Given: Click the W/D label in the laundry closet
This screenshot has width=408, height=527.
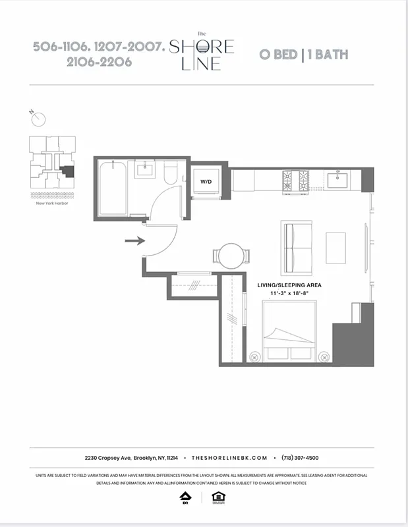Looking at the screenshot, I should (206, 181).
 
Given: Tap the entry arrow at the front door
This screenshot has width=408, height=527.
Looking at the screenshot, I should (134, 241).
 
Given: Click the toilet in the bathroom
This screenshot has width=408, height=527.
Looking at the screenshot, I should (170, 174).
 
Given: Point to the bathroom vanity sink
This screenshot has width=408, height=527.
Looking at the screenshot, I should (145, 171).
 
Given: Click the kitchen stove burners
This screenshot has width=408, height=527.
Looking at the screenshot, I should (295, 179).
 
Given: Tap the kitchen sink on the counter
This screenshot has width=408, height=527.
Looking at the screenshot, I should (341, 179).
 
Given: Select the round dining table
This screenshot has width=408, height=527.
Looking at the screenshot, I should (231, 256).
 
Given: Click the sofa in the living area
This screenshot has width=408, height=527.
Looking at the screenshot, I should (297, 248).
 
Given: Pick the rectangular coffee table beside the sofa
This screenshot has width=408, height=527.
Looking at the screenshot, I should (336, 248).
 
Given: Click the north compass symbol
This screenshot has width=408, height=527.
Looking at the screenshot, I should (39, 119).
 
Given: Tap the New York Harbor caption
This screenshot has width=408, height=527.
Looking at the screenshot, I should (53, 203).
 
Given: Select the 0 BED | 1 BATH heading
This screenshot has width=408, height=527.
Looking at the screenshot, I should (303, 55).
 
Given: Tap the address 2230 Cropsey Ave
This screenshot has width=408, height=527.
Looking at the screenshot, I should (107, 457).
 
